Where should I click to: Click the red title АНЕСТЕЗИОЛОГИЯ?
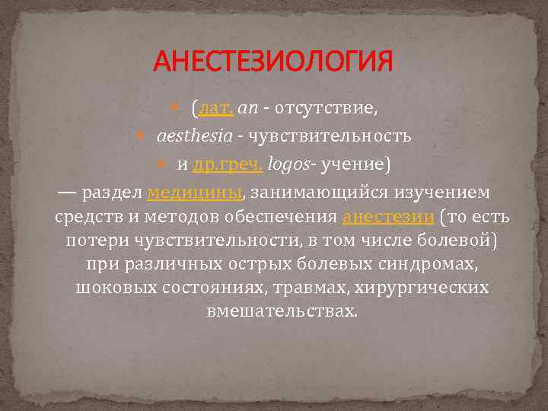pos(273,60)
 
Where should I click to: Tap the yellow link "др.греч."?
pos(228,163)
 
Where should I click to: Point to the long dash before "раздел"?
pos(66,190)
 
